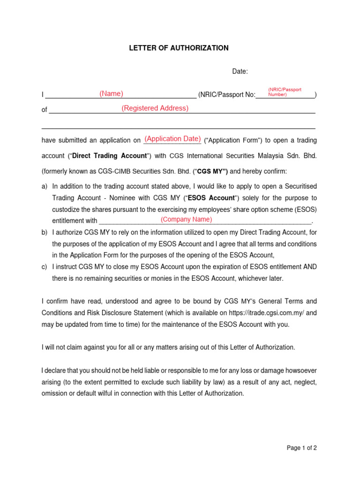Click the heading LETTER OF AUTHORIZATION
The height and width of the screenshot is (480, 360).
point(179,48)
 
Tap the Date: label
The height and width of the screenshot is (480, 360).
point(240,72)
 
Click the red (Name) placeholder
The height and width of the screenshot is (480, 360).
point(111,94)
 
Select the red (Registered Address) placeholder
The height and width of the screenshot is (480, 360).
point(155,108)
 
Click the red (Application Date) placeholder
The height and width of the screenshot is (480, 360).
point(172,139)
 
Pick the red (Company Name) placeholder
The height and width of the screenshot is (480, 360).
point(186,219)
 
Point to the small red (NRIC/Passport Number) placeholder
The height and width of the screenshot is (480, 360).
point(285,92)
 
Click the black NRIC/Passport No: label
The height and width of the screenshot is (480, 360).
point(226,95)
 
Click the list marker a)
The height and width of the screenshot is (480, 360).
point(45,187)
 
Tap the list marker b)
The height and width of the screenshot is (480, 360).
point(45,232)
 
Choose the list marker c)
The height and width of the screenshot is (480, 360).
point(45,267)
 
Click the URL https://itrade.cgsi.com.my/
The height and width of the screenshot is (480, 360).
point(266,313)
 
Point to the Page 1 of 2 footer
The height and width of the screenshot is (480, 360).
point(301,448)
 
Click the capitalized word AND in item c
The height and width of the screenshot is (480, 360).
point(309,267)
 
